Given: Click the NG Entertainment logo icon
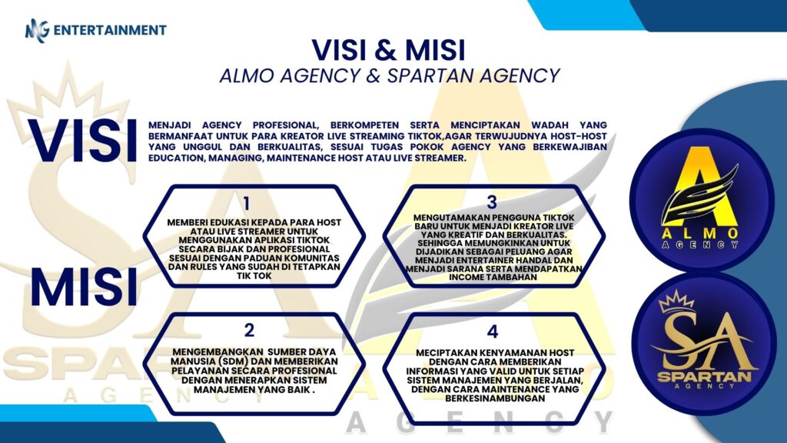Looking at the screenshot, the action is (x=38, y=30).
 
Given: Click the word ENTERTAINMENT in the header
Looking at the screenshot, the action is (x=110, y=30).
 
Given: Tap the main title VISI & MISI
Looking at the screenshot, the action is (x=388, y=49).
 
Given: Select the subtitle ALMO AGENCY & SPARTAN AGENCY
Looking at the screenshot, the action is (x=390, y=75).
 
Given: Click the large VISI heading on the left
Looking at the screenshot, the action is (x=82, y=142).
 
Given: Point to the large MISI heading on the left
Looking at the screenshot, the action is (x=84, y=287).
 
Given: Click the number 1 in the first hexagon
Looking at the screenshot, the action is (x=247, y=203).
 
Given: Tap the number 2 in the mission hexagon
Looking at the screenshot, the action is (x=250, y=330).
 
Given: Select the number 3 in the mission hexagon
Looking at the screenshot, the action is (x=492, y=202).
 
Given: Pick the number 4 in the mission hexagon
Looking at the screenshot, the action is (x=493, y=331).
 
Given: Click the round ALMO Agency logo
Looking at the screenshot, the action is (x=702, y=201).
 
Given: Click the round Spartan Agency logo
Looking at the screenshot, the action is (x=704, y=344).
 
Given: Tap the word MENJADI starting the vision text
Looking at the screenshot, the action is (x=169, y=125).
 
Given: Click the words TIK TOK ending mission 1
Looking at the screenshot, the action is (x=254, y=276).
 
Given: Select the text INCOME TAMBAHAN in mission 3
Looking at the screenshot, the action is (x=493, y=277).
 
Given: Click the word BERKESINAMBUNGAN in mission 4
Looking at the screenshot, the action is (x=495, y=398).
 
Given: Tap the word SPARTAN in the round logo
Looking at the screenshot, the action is (x=704, y=377).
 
